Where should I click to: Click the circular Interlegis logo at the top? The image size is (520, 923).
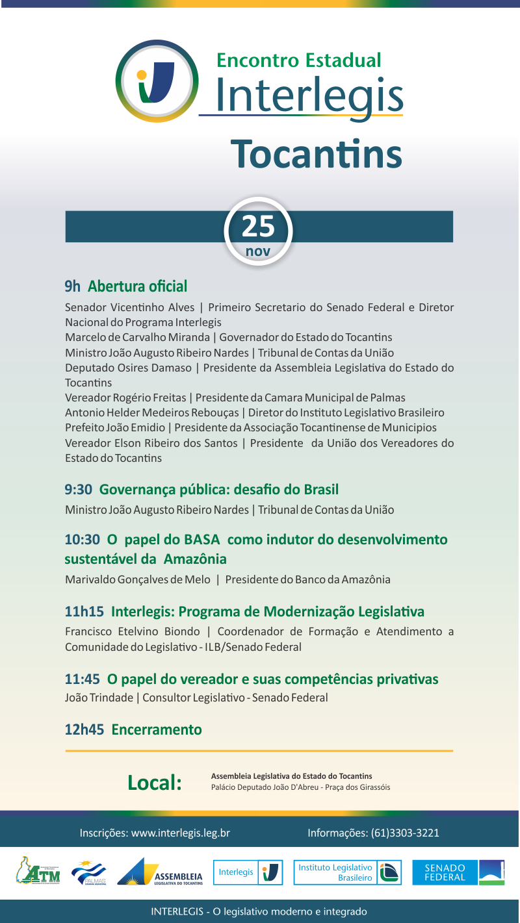click(157, 81)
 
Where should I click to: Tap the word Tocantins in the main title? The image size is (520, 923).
click(317, 153)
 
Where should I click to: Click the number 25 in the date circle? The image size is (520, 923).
click(258, 226)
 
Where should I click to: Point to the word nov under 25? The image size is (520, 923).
click(258, 251)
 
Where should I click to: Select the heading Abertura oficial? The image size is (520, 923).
click(137, 286)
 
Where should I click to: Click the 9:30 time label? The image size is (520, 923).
click(78, 490)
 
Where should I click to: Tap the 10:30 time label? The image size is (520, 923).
click(82, 540)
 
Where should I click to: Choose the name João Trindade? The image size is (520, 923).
click(99, 698)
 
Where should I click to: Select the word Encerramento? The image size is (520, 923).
click(157, 729)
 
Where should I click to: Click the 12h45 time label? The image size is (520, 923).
click(84, 729)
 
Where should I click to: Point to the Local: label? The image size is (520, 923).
click(154, 783)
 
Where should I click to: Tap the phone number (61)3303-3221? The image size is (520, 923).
click(405, 833)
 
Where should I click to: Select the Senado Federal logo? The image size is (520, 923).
click(458, 872)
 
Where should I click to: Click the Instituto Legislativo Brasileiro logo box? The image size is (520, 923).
click(347, 872)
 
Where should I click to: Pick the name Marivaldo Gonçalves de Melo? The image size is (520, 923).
click(138, 579)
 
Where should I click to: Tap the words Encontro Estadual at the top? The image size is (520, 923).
click(298, 60)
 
